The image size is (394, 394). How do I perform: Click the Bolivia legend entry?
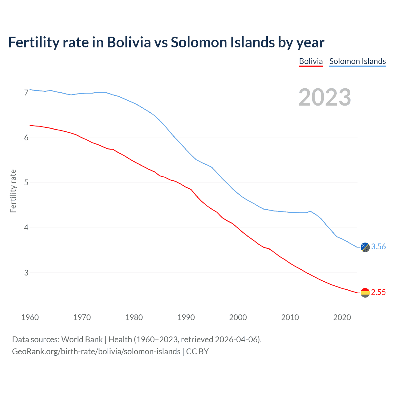311,61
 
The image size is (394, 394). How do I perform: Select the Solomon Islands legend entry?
357,61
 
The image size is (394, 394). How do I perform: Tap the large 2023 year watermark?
324,97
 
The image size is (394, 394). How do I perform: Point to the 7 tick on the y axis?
26,93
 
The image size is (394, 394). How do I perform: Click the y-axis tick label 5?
26,183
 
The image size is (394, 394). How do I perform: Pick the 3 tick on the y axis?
26,273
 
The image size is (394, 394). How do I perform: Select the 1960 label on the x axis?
30,317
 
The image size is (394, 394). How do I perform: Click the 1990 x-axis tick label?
186,317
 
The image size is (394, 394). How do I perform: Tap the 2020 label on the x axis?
342,317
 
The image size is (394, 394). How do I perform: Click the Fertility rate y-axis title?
13,191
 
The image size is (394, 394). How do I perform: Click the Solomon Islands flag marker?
365,247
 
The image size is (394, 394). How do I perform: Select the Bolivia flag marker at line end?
365,293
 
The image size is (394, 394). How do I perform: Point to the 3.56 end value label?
378,247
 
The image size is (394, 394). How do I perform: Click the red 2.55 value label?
378,292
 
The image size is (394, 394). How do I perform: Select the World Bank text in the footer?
82,340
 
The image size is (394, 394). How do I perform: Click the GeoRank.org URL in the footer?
96,352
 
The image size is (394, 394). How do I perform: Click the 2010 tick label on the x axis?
290,317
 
